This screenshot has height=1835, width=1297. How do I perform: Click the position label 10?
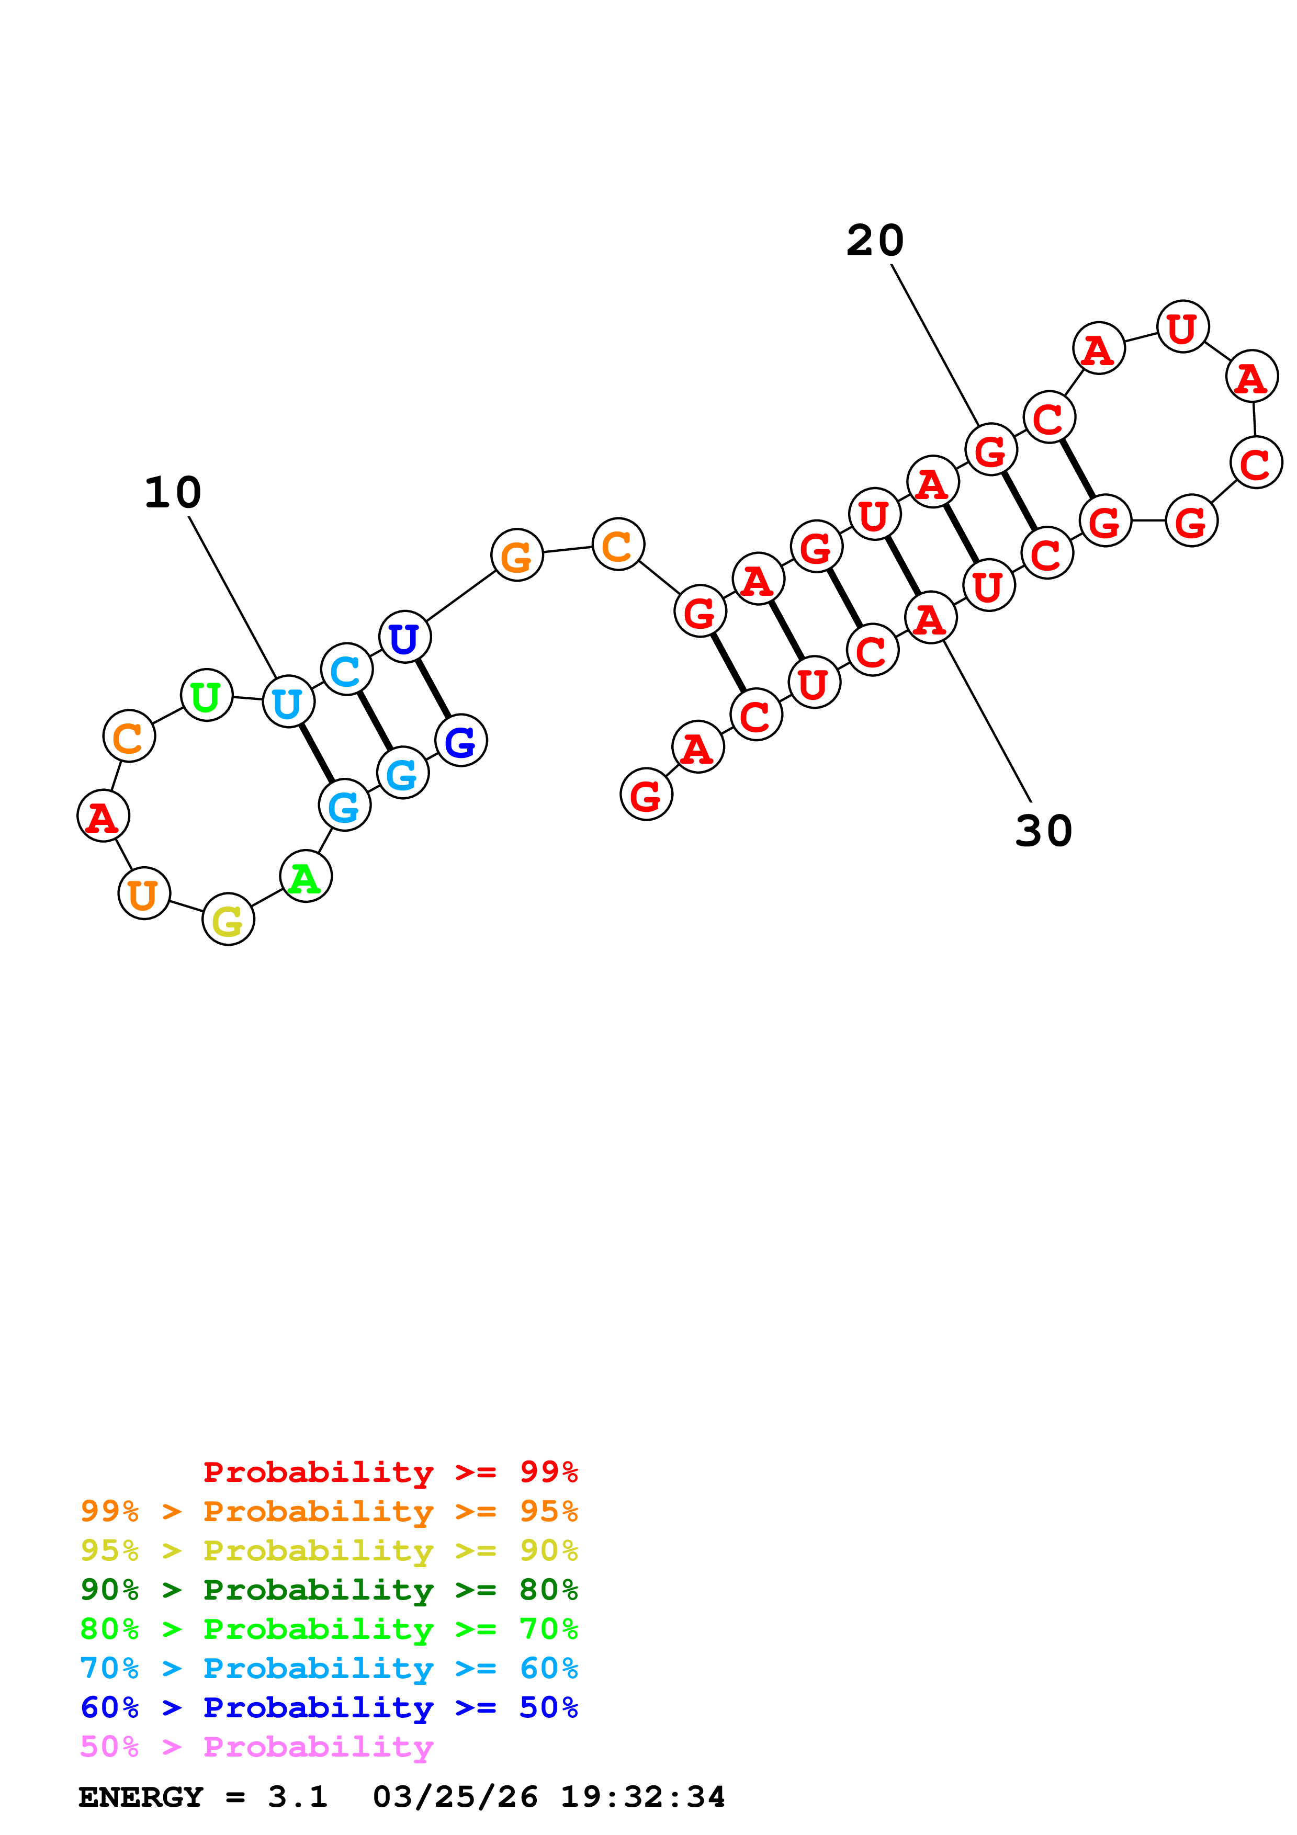pyautogui.click(x=173, y=492)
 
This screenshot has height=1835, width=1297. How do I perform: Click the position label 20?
pyautogui.click(x=875, y=241)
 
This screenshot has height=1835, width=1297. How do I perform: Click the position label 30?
pyautogui.click(x=1044, y=831)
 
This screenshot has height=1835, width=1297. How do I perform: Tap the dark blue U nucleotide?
pyautogui.click(x=404, y=637)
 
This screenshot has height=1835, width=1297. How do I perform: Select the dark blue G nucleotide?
pyautogui.click(x=461, y=741)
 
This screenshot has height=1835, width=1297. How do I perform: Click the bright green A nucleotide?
pyautogui.click(x=306, y=877)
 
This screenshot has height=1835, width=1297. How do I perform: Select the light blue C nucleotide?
pyautogui.click(x=346, y=669)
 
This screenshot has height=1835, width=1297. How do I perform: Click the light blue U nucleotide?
pyautogui.click(x=288, y=701)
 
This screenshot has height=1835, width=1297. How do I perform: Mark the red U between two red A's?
pyautogui.click(x=1183, y=327)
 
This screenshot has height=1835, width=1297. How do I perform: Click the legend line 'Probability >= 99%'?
pyautogui.click(x=390, y=1472)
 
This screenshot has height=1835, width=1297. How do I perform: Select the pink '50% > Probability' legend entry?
pyautogui.click(x=256, y=1746)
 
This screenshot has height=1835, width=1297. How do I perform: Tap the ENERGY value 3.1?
pyautogui.click(x=297, y=1797)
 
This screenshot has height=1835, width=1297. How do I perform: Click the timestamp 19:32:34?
pyautogui.click(x=642, y=1797)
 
